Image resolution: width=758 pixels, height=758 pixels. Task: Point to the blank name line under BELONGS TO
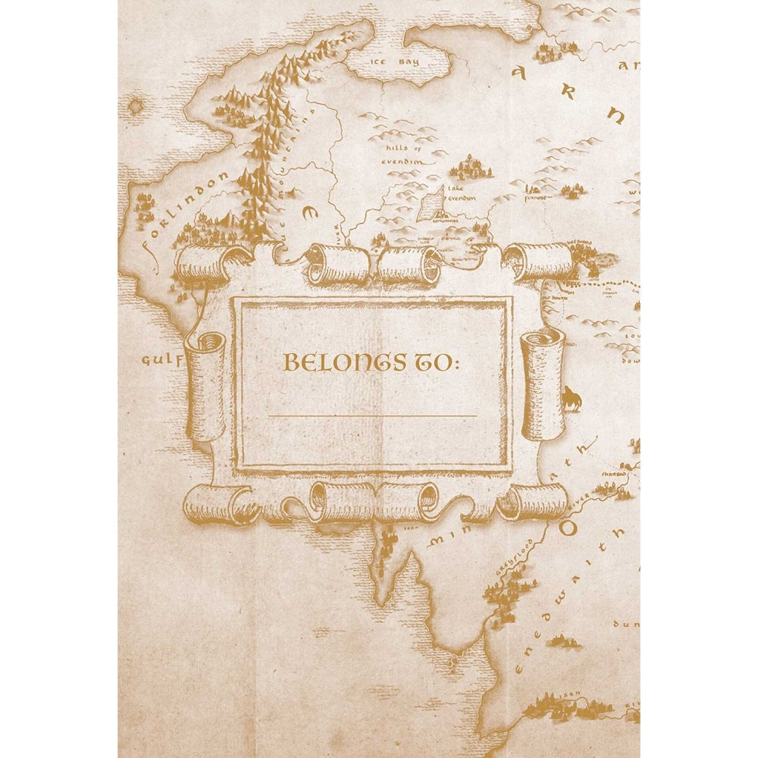[372, 416]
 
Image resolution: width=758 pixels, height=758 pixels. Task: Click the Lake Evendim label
[461, 193]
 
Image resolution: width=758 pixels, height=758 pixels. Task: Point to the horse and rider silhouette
[571, 397]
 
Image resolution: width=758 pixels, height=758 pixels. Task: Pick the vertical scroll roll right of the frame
[543, 383]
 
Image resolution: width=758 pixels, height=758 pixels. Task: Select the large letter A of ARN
[520, 73]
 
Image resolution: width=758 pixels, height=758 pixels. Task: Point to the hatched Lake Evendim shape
[432, 203]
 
